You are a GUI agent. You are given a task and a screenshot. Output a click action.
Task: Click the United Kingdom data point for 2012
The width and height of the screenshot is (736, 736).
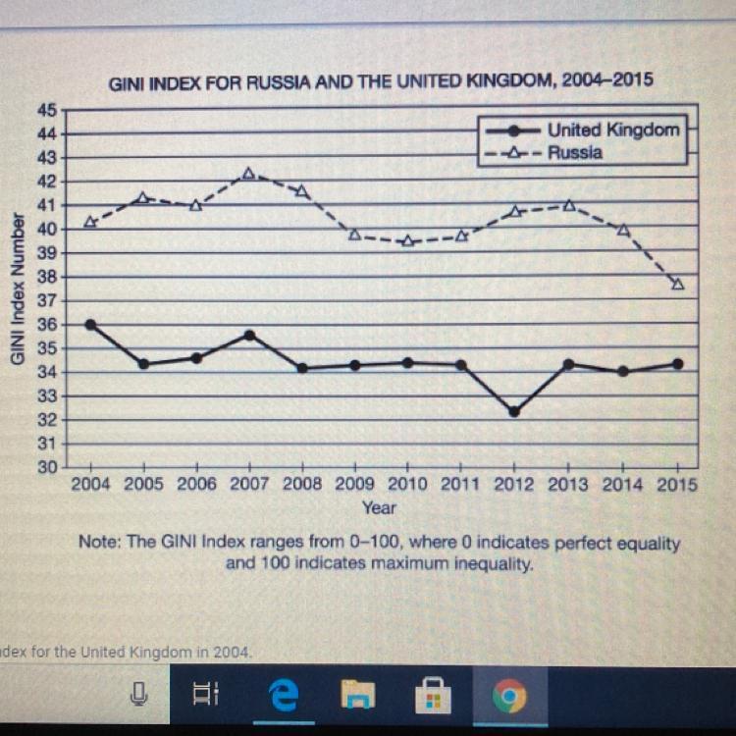pos(514,412)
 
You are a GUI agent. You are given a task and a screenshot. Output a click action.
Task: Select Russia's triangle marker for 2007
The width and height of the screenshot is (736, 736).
pos(248,173)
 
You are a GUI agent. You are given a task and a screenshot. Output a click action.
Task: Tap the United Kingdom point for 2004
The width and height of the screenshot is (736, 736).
pos(91,325)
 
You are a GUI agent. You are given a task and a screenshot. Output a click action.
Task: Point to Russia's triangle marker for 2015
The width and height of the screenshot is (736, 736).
pos(677,284)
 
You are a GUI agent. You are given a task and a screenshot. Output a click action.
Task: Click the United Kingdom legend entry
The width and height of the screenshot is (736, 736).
pos(613,130)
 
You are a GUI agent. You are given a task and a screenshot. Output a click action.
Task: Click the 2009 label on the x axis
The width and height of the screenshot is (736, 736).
pos(354,485)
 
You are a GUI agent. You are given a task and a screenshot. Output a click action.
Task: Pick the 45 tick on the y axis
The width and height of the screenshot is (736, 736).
pos(47,109)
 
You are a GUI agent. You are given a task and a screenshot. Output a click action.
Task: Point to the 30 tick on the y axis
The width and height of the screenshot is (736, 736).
pos(47,468)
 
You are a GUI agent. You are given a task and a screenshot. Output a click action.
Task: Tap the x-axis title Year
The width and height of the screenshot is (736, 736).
pos(379,507)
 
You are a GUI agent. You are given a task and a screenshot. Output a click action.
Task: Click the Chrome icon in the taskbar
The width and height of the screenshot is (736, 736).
pos(508,697)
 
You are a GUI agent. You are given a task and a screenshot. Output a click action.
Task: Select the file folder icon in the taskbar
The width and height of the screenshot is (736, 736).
pos(357,697)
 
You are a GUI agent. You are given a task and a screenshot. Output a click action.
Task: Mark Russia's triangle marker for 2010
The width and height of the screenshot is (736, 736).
pos(408,240)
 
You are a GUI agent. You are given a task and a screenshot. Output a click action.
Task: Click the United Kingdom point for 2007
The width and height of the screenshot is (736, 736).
pos(249,336)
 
